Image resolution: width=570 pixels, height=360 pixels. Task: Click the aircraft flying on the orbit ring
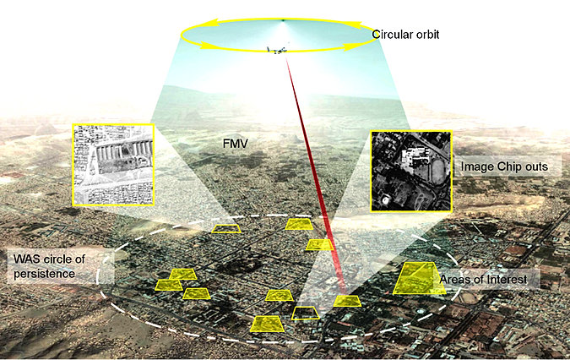click(x=276, y=50)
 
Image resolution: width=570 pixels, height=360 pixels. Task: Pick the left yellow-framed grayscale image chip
click(x=113, y=164)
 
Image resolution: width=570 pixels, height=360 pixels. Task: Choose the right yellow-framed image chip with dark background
click(x=411, y=171)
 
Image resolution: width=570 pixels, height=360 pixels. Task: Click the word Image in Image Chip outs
click(x=478, y=167)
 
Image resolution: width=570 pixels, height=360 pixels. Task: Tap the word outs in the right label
click(x=545, y=167)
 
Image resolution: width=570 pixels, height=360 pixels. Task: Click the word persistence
click(x=41, y=274)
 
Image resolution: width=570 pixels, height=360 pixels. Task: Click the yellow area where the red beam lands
click(x=346, y=300)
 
